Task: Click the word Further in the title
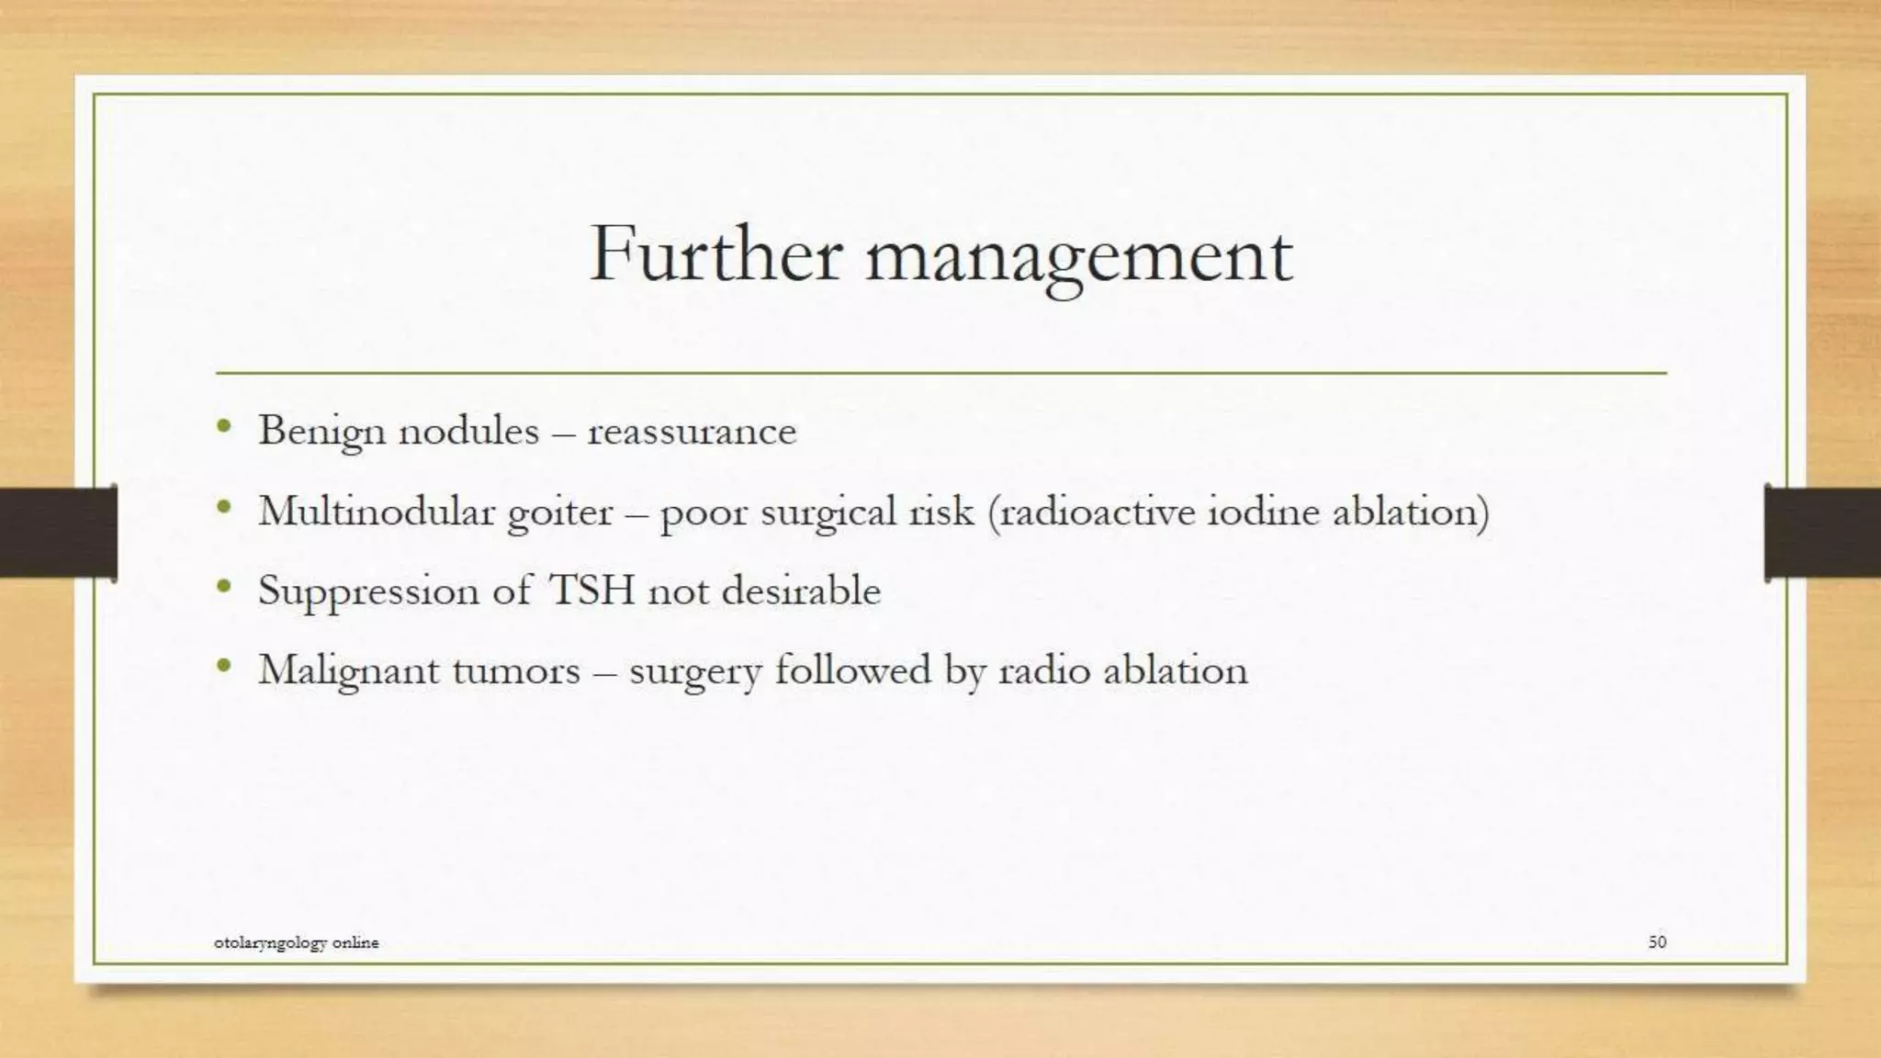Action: click(x=715, y=253)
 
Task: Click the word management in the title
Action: click(x=1079, y=256)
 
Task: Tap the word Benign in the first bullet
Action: click(x=321, y=432)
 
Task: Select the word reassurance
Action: click(x=692, y=432)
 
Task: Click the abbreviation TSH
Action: click(x=591, y=590)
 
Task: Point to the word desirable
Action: click(x=801, y=590)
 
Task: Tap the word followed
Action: click(x=853, y=669)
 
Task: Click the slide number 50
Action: click(x=1657, y=941)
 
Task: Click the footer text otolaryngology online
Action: click(x=296, y=942)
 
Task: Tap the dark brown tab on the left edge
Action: click(x=58, y=533)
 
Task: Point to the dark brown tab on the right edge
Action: click(x=1822, y=533)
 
